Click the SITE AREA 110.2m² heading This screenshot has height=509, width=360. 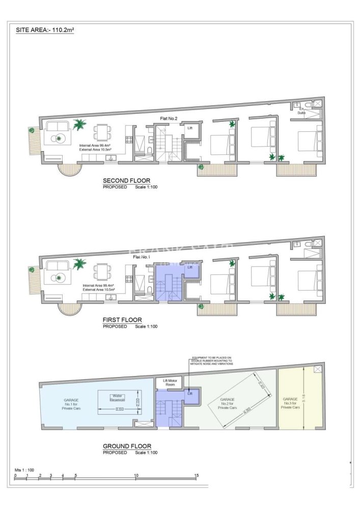click(x=45, y=30)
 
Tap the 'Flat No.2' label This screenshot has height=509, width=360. click(x=169, y=119)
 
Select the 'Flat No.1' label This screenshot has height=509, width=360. click(x=142, y=257)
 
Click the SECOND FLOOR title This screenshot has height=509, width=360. click(x=126, y=181)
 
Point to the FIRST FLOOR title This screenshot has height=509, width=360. click(x=122, y=320)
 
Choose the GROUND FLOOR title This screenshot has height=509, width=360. click(x=127, y=446)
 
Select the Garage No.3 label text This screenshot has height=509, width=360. click(x=290, y=404)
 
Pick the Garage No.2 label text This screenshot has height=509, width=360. click(x=227, y=404)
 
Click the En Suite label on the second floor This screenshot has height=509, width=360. click(x=301, y=111)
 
